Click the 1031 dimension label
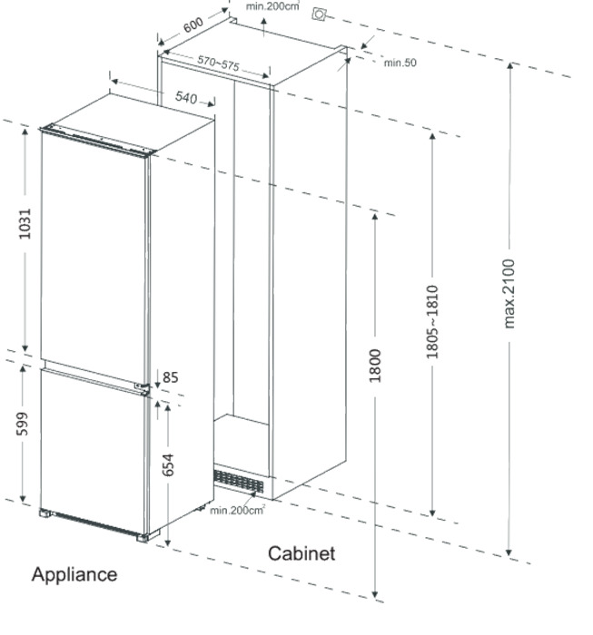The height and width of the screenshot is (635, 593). point(25,223)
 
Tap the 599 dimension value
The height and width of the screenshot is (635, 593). point(23,424)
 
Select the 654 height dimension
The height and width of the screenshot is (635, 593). point(168,464)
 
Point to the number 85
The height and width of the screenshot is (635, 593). point(170,377)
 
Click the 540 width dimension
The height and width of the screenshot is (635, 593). point(186,98)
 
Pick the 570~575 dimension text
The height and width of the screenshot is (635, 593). point(219,63)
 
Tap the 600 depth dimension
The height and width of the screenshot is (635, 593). point(193,25)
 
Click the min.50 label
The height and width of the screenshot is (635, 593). point(400,63)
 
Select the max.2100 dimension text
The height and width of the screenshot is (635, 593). point(509,294)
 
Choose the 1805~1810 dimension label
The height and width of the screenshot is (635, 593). point(432,322)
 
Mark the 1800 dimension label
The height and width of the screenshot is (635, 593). point(375,366)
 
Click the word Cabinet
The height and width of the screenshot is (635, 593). point(301,553)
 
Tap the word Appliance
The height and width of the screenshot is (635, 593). point(74,575)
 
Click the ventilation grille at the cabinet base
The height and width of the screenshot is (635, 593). point(238,481)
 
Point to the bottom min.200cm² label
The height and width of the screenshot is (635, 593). point(238,510)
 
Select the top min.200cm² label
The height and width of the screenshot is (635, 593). point(272,6)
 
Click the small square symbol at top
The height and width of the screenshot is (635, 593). point(319,15)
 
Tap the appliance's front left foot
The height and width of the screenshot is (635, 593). point(45,513)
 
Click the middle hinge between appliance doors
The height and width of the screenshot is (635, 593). point(143,386)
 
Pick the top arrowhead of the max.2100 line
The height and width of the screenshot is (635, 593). point(510,66)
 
